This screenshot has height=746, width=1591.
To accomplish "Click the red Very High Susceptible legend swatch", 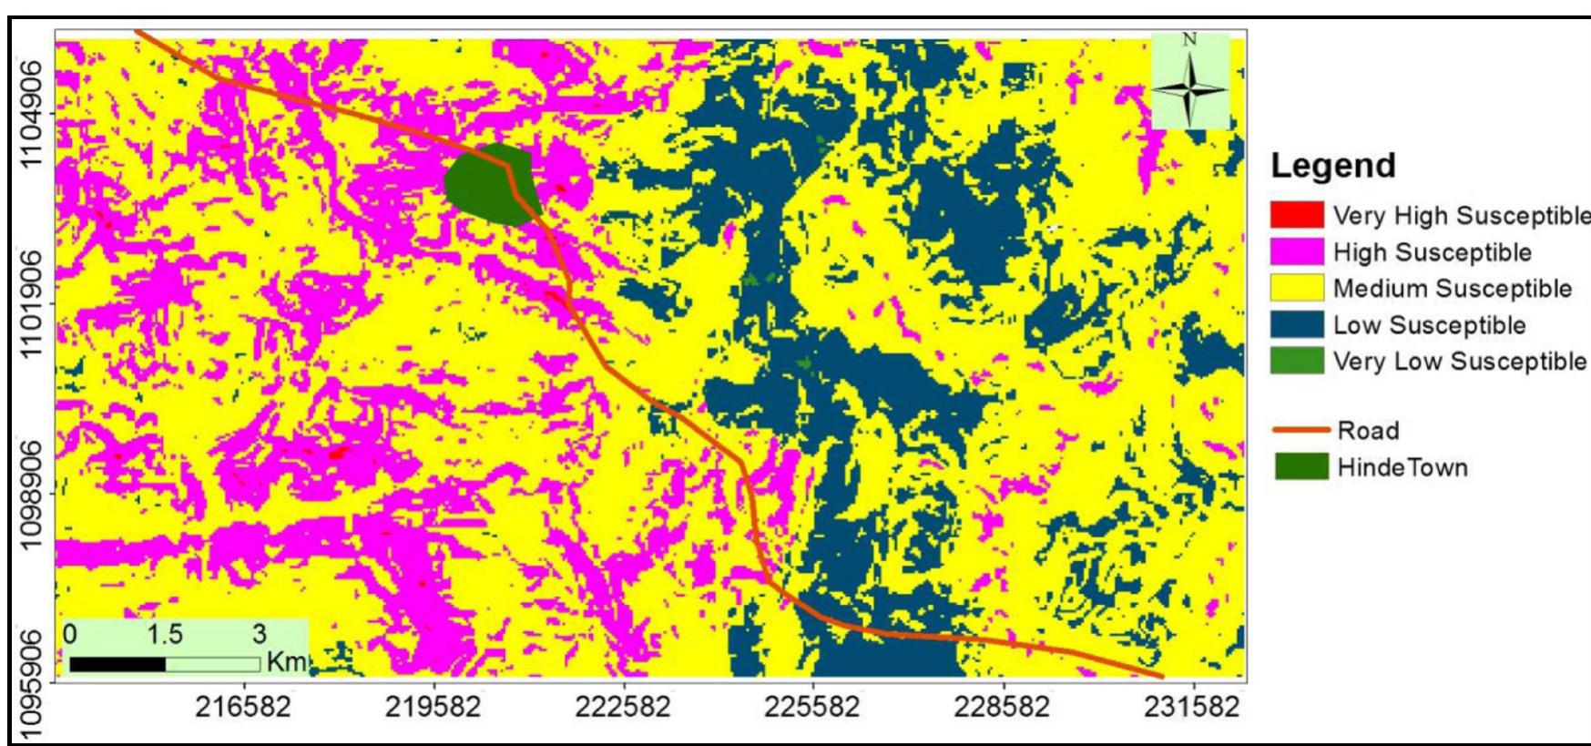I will pos(1298,215).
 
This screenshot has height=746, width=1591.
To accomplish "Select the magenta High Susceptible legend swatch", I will pos(1298,251).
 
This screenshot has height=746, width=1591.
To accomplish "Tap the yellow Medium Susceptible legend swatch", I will pos(1298,288).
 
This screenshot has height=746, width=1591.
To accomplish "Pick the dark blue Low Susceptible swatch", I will pos(1298,324).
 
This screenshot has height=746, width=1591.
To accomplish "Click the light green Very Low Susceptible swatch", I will pos(1298,361).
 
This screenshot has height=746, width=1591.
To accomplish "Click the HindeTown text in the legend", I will pos(1402,467).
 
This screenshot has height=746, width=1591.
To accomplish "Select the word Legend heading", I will pos(1333,166).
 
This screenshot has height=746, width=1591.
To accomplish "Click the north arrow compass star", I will pos(1190,89).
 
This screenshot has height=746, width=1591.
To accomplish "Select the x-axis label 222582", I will pos(624,708).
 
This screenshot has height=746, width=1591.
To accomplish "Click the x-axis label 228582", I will pos(1004,708).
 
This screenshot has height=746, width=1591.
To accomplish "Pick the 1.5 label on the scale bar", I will pos(165,633).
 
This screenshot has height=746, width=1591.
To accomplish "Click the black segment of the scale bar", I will pos(117,664).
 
